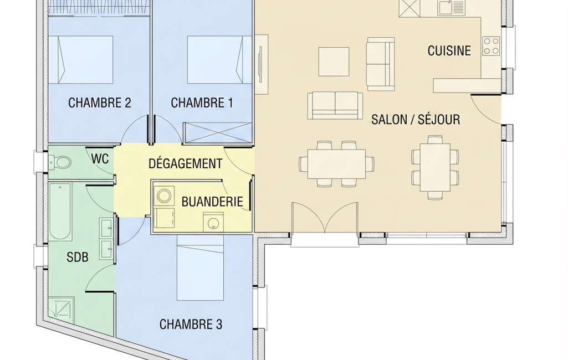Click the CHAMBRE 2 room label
(100, 103)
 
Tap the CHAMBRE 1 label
(202, 103)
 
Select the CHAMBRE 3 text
(191, 324)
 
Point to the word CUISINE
(449, 51)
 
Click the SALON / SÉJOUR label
(416, 119)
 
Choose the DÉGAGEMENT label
(185, 163)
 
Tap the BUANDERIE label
(212, 202)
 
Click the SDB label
(78, 257)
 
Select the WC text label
(100, 158)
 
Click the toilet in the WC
(60, 163)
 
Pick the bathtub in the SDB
(60, 212)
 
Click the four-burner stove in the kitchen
(491, 46)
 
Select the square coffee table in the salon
(334, 61)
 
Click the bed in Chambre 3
(200, 268)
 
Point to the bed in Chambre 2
(81, 60)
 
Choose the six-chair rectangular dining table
(337, 164)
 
